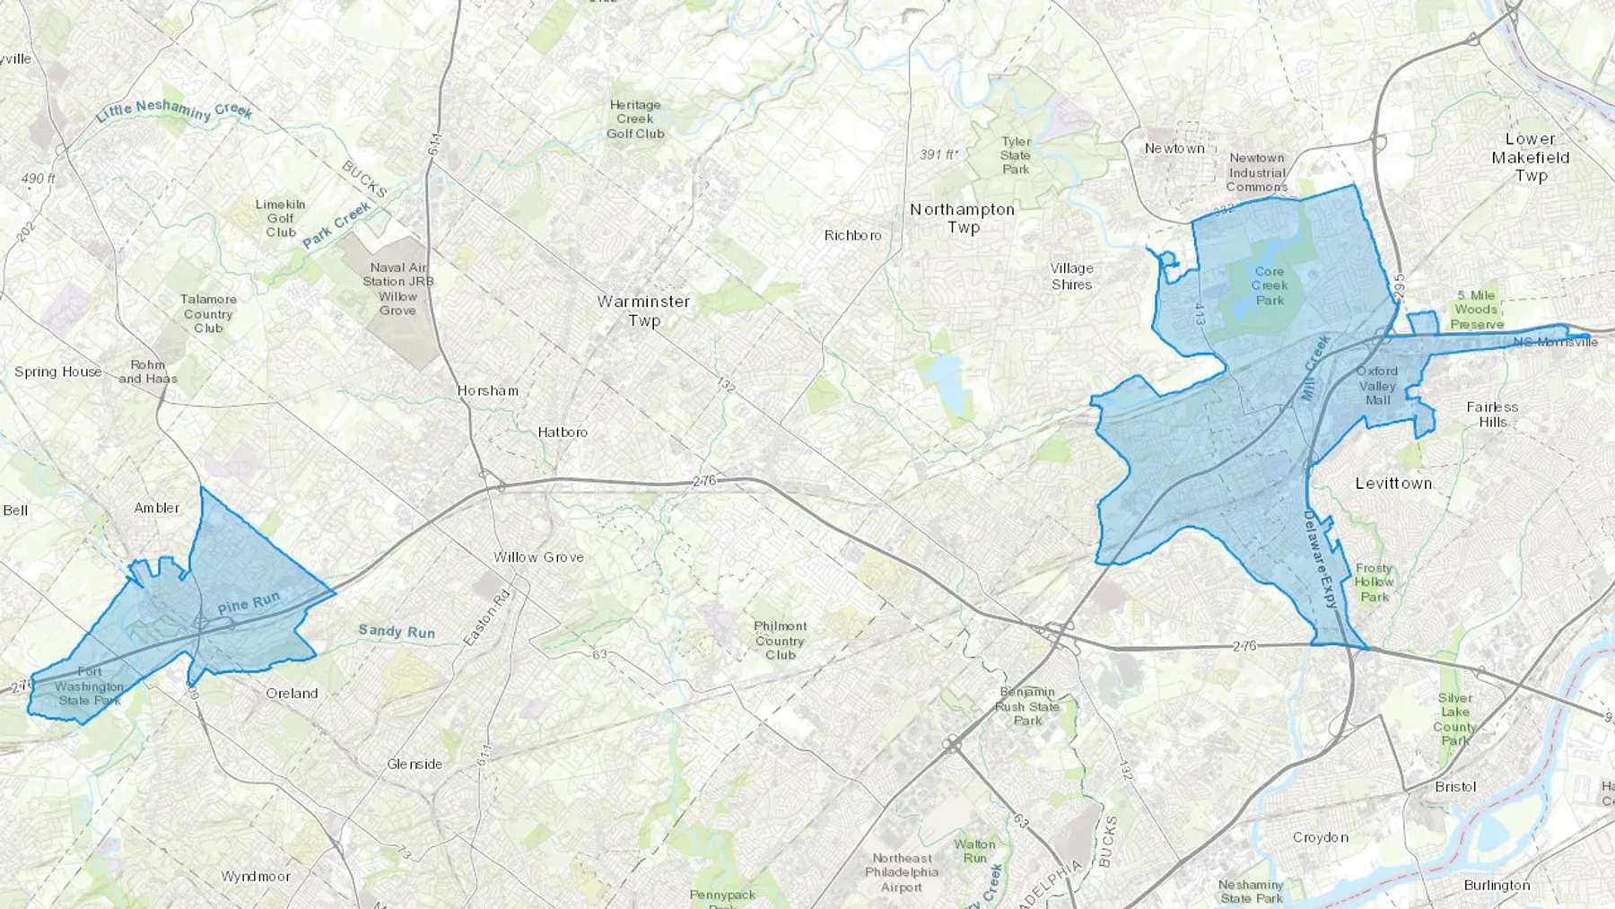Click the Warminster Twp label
[x=643, y=310]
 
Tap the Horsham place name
[x=487, y=390]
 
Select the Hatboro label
[x=563, y=432]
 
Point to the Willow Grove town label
[x=538, y=557]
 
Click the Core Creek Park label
[x=1270, y=285]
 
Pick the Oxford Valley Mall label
[x=1377, y=385]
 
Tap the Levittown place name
[x=1393, y=483]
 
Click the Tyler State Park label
[x=1016, y=155]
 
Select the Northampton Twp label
[x=963, y=218]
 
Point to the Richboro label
[x=852, y=235]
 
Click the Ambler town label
[x=157, y=508]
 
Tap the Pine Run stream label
[x=249, y=603]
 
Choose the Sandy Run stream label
[x=397, y=632]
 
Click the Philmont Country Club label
[x=780, y=640]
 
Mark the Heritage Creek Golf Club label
[x=635, y=119]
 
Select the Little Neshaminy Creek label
[x=174, y=110]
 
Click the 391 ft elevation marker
[x=938, y=154]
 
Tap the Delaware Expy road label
[x=1320, y=559]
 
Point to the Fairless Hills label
[x=1492, y=414]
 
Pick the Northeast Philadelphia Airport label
[x=902, y=872]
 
